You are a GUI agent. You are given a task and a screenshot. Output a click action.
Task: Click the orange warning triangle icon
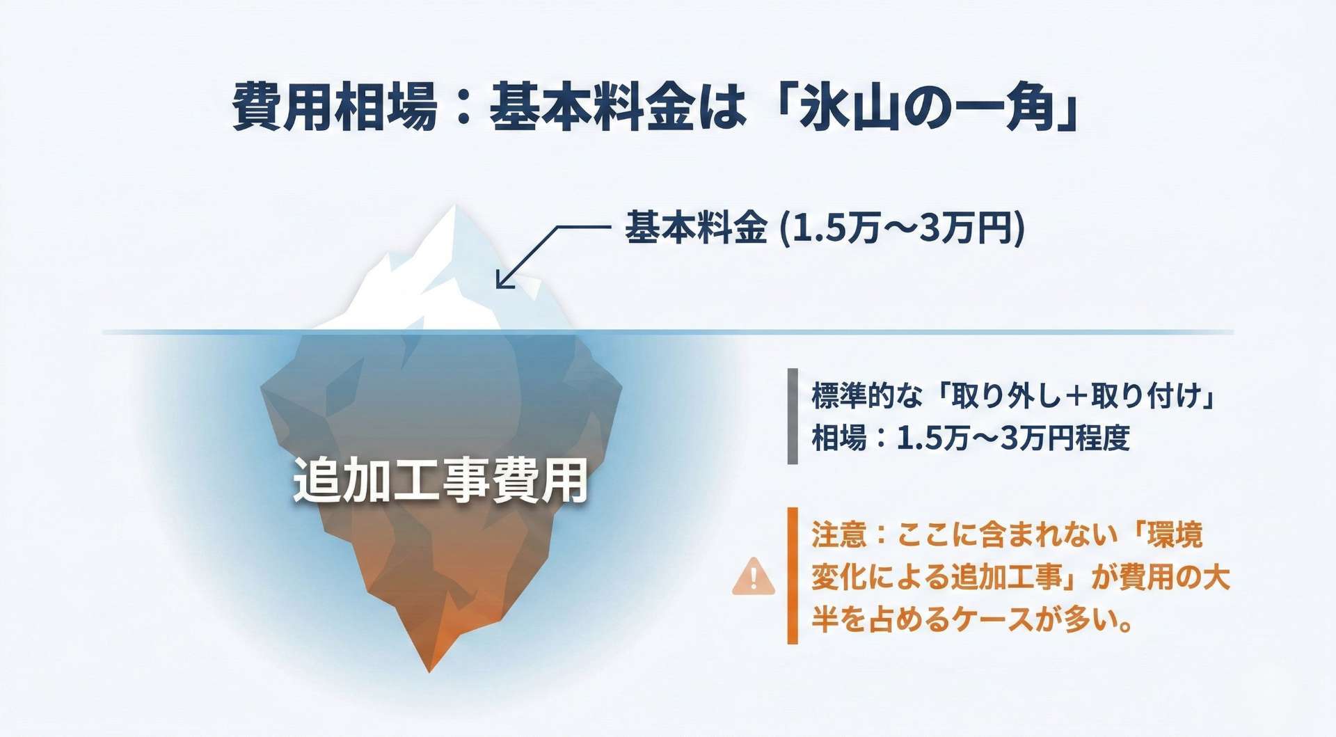753,576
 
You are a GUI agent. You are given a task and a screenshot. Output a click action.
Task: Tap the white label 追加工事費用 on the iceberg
440,480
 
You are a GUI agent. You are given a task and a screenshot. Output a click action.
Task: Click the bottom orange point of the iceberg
429,671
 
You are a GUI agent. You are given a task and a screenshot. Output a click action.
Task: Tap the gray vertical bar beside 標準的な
793,416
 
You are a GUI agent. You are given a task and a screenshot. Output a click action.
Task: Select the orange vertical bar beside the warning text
793,576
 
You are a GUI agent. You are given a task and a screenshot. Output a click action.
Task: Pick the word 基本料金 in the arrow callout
696,228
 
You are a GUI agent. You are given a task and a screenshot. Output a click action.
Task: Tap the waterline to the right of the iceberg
905,332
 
